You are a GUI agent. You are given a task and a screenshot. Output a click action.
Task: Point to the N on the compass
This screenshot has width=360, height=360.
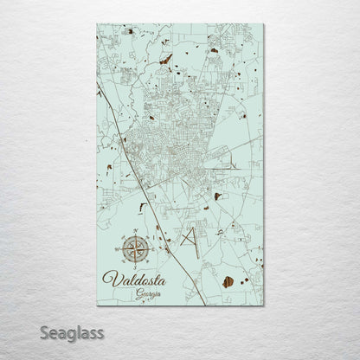click(134, 234)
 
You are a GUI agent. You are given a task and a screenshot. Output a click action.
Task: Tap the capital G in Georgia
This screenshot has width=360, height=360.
click(138, 294)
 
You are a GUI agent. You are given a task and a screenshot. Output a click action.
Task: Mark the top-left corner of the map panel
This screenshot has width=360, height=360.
click(98, 25)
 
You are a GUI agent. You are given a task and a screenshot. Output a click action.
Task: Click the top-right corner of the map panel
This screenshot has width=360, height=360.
click(263, 25)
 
